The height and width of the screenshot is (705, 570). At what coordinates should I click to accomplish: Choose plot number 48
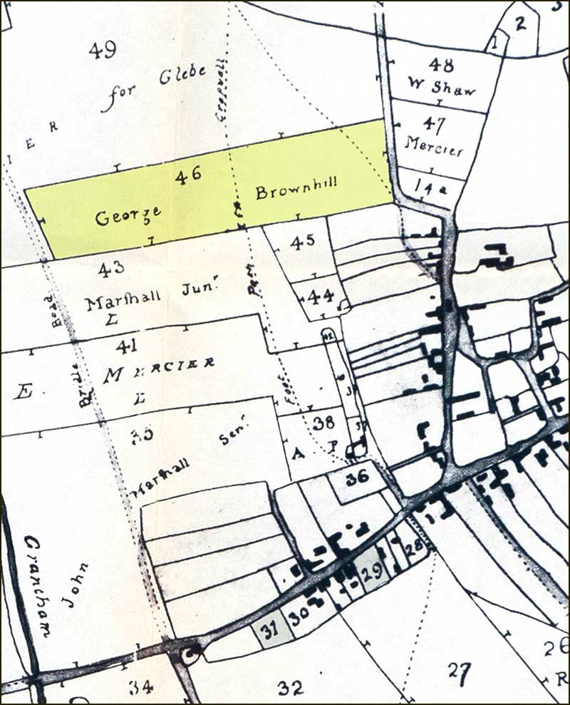tap(442, 66)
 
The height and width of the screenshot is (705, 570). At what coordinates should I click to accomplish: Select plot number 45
tap(302, 242)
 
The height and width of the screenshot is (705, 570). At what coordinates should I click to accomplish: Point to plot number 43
tap(112, 267)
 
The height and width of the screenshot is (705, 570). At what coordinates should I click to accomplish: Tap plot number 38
tap(323, 422)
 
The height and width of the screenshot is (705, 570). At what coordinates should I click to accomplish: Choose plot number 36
tap(357, 479)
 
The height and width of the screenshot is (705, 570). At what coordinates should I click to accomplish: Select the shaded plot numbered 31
tap(269, 629)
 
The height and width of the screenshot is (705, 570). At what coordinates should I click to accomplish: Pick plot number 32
tap(291, 688)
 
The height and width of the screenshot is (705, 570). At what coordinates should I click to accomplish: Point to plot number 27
tap(460, 669)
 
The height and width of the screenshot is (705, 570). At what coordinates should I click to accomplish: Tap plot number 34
tap(141, 687)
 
